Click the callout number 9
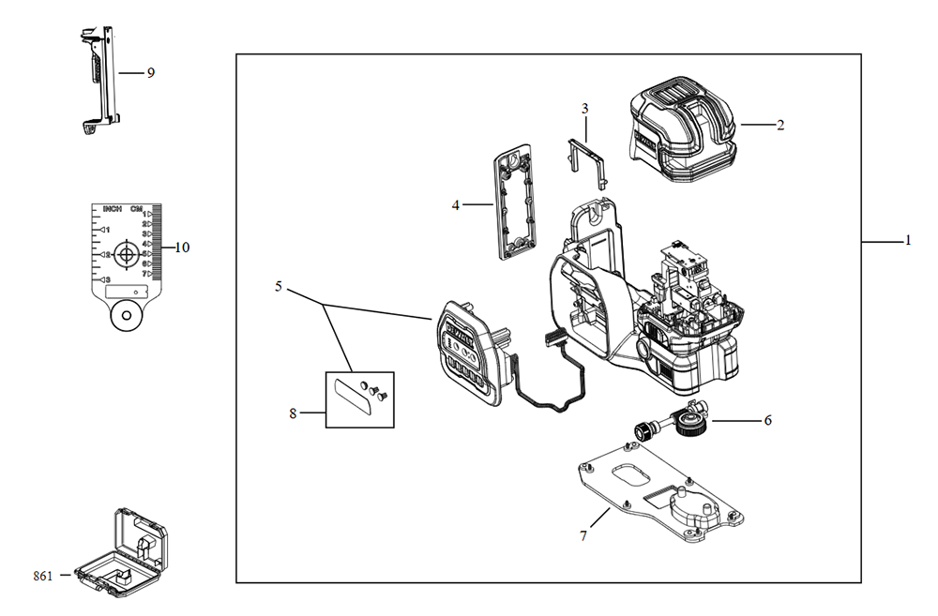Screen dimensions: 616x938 coord(150,72)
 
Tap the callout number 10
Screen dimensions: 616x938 coord(182,248)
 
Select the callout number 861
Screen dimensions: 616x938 coord(44,575)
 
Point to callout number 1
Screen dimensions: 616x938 coord(908,242)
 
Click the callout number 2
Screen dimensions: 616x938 coord(779,124)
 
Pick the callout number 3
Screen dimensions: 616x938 coord(584,109)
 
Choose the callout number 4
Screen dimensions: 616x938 coord(456,204)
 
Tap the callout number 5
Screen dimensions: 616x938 coord(279,286)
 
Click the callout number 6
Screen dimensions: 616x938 coord(767,420)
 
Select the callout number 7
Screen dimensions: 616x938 coord(583,535)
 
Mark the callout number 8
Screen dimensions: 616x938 coord(293,413)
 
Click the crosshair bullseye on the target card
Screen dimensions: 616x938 coord(125,253)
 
